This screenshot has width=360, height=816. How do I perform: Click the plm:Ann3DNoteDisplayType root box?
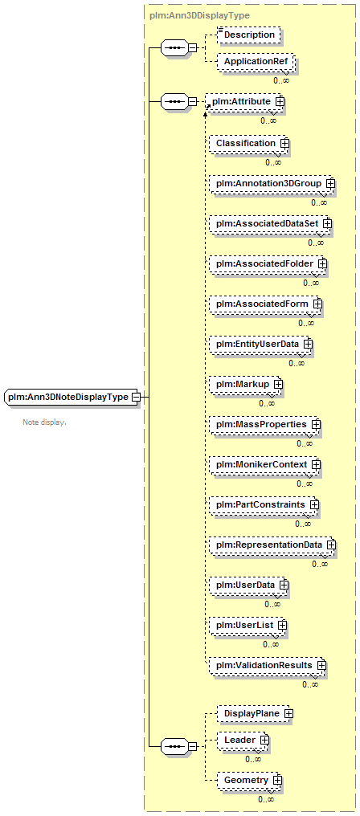pyautogui.click(x=71, y=397)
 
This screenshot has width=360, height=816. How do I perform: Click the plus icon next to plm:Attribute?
pyautogui.click(x=280, y=102)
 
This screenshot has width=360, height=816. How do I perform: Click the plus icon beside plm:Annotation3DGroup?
pyautogui.click(x=330, y=184)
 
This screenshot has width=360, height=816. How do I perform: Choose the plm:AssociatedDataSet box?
pyautogui.click(x=271, y=224)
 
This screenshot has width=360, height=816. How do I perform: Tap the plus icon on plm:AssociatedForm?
pyautogui.click(x=317, y=304)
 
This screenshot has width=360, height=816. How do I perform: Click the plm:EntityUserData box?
pyautogui.click(x=261, y=345)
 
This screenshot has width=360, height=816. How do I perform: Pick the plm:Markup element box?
pyautogui.click(x=246, y=385)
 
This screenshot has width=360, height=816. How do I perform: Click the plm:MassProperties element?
pyautogui.click(x=265, y=425)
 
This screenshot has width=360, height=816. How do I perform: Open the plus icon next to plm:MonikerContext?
pyautogui.click(x=316, y=465)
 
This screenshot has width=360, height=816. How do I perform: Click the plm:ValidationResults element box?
pyautogui.click(x=268, y=666)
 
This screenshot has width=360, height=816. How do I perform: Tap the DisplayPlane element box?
pyautogui.click(x=256, y=714)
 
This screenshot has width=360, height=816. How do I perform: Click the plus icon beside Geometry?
pyautogui.click(x=277, y=781)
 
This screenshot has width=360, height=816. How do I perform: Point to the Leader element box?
pyautogui.click(x=243, y=740)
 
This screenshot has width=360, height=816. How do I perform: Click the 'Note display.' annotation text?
pyautogui.click(x=44, y=422)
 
